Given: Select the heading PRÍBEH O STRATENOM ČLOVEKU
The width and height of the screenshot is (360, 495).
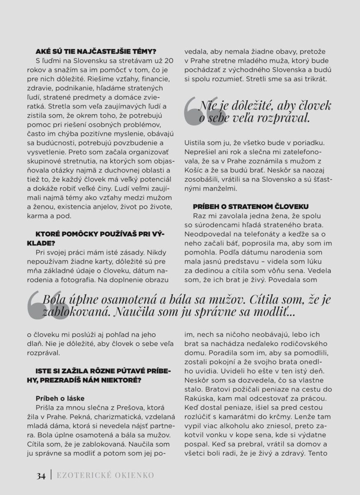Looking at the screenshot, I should point(251,206).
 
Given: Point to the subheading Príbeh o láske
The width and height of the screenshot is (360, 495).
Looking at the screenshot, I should point(60,398).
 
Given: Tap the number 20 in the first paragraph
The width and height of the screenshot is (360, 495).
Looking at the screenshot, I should point(168,61).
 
